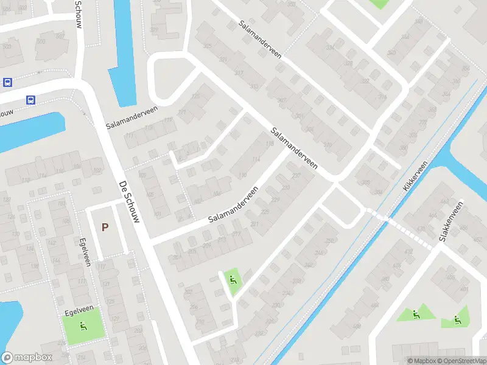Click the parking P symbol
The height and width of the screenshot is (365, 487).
(105, 228)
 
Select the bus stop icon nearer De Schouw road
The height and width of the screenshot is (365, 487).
(30, 99)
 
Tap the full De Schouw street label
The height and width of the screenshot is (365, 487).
(129, 201)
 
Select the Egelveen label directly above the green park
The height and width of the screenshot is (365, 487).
(77, 312)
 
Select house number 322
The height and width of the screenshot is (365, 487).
(365, 81)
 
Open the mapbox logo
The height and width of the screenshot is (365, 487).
(27, 357)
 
